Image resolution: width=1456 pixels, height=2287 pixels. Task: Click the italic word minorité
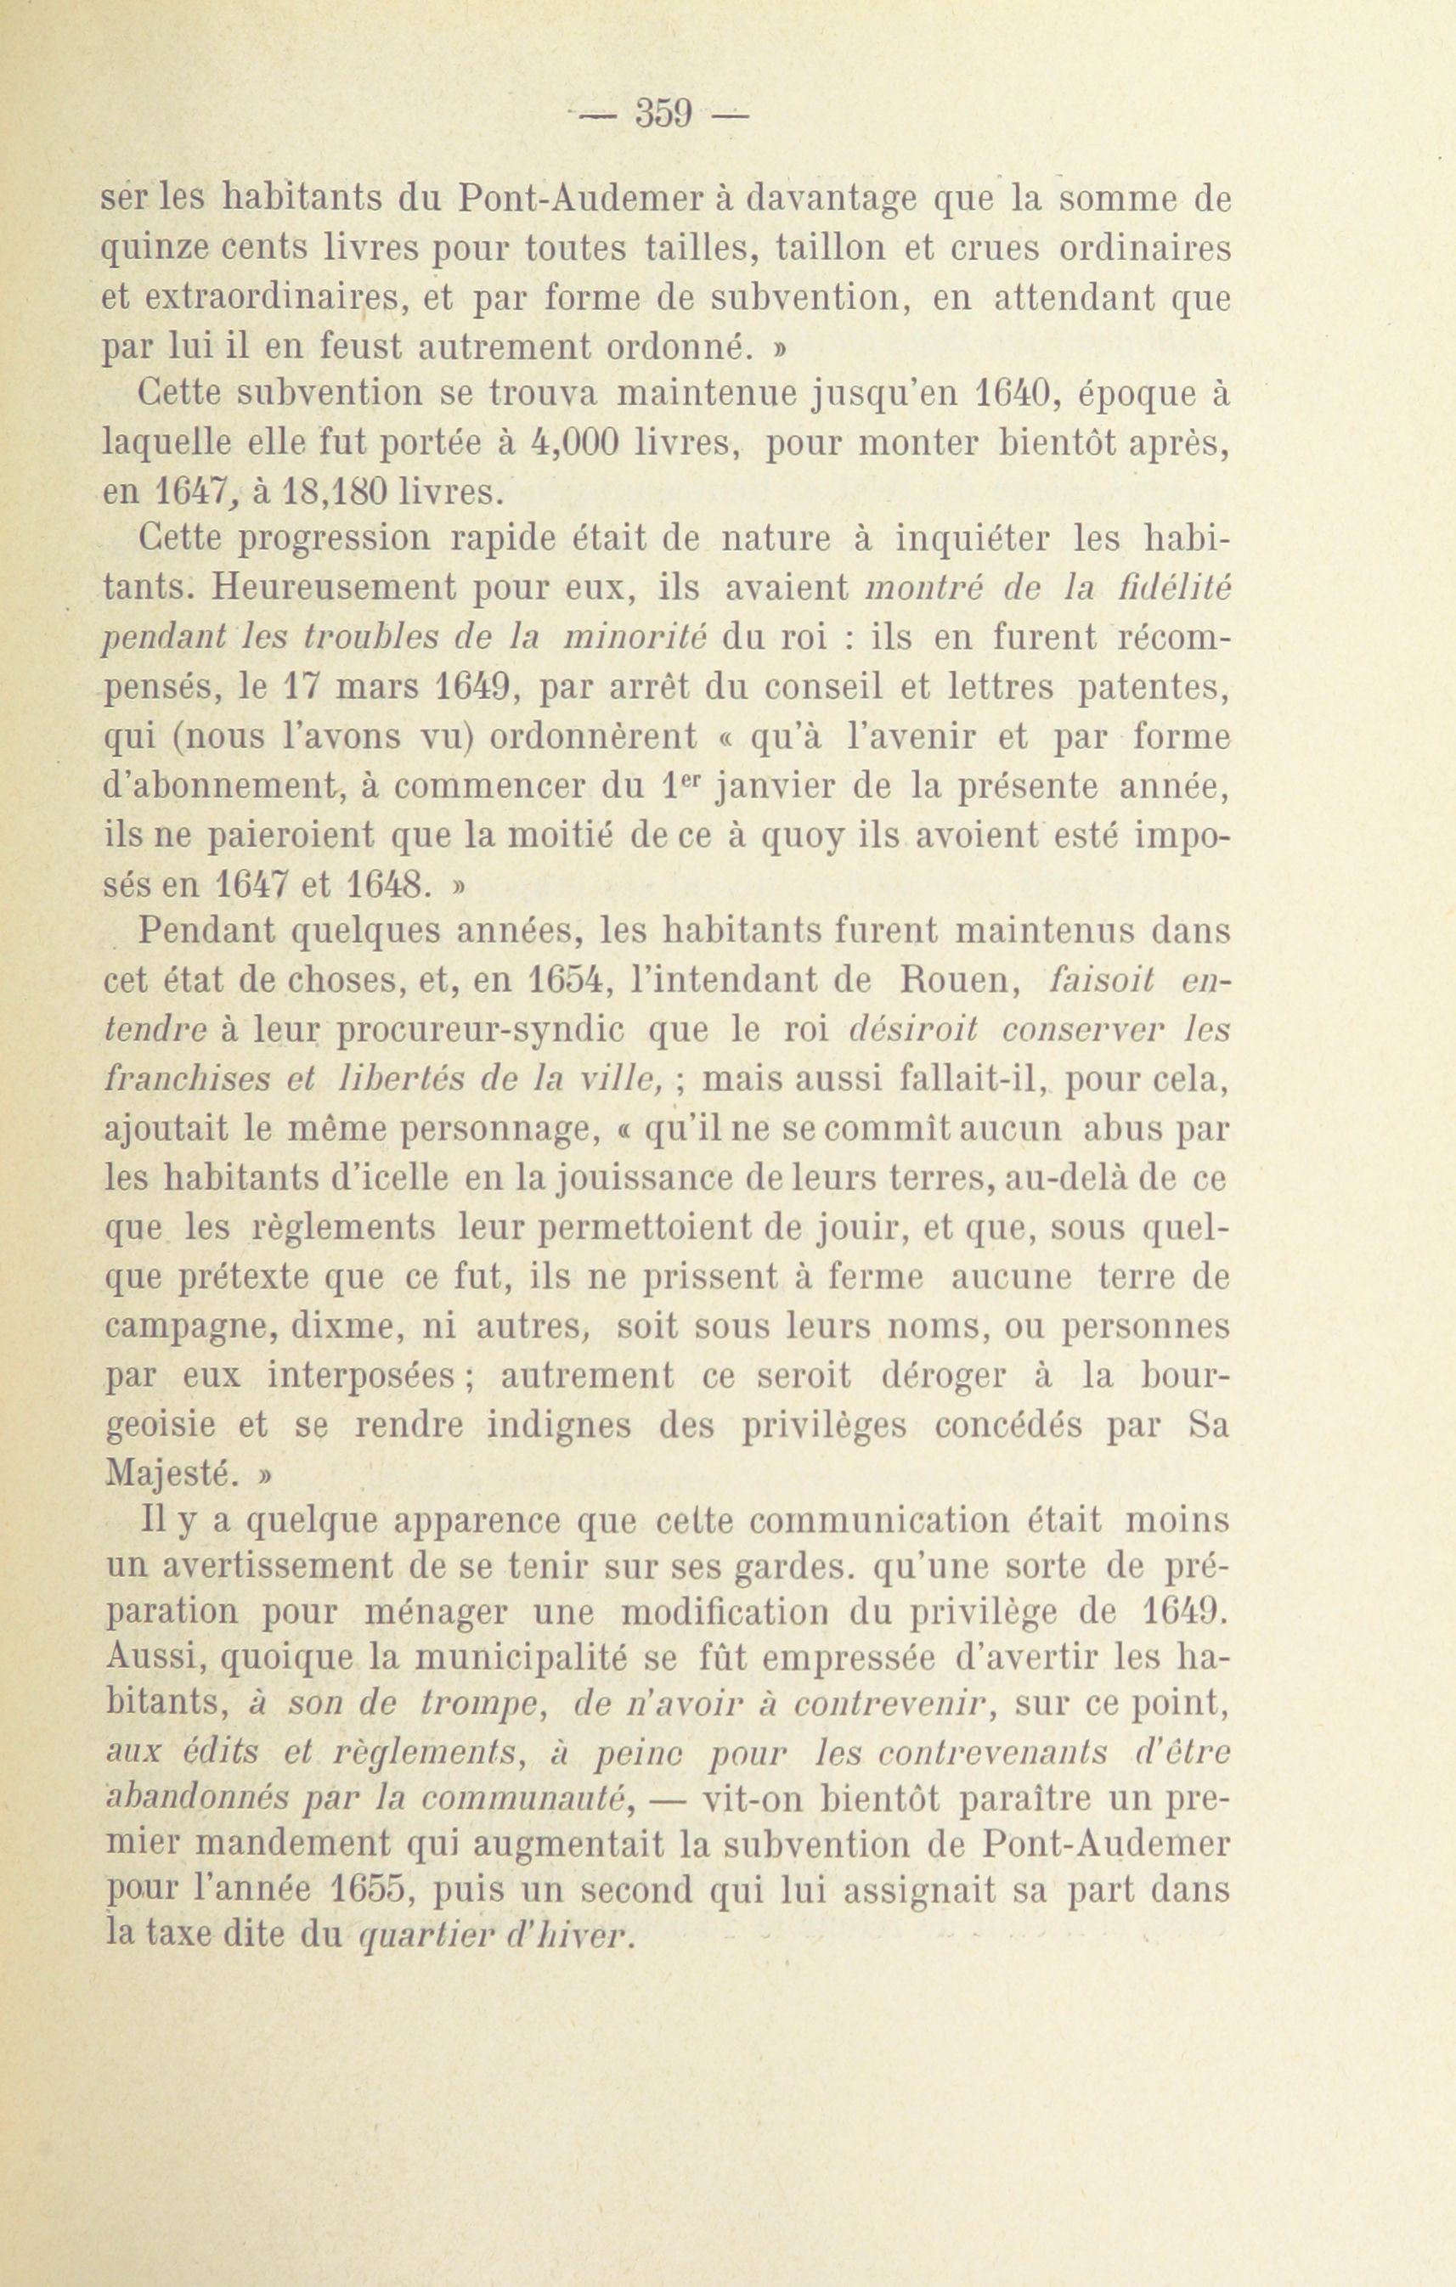tap(634, 639)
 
